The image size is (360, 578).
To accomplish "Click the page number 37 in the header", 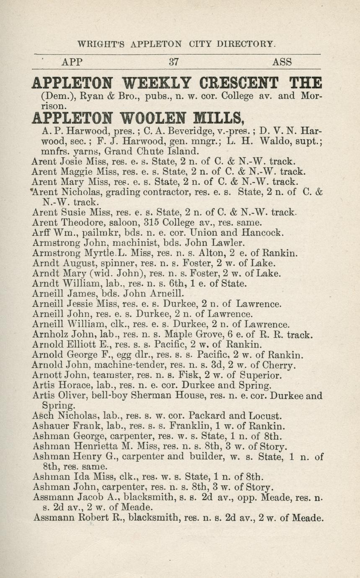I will [x=174, y=62].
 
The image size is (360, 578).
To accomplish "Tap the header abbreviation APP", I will [x=72, y=62].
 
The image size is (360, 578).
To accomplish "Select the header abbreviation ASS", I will [x=282, y=62].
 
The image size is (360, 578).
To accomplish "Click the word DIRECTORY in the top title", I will [x=245, y=44].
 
